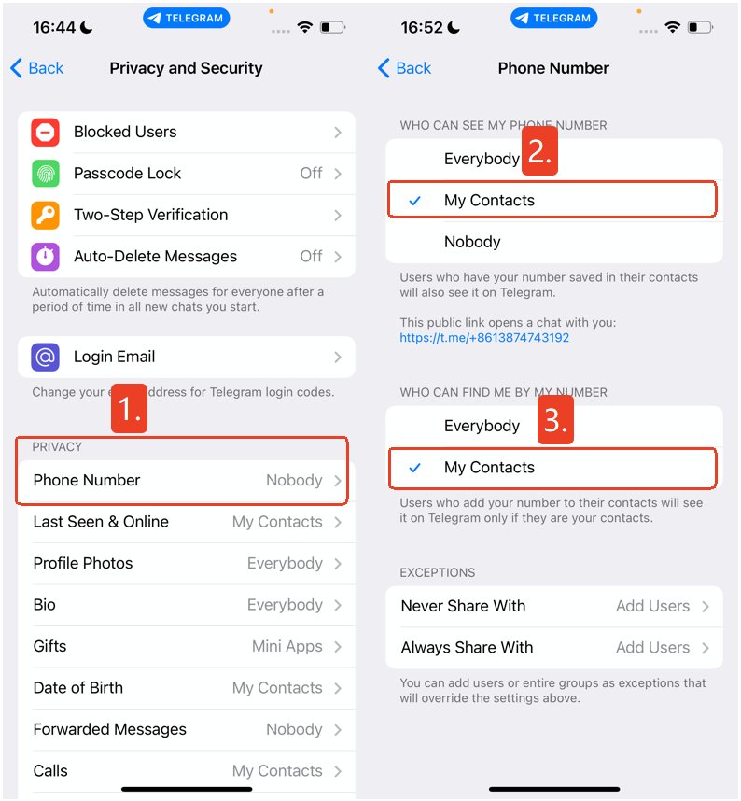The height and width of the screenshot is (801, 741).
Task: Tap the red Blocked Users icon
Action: tap(46, 133)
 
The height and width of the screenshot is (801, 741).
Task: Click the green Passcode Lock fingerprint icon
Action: tap(46, 174)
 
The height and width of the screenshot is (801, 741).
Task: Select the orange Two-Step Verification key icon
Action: tap(46, 215)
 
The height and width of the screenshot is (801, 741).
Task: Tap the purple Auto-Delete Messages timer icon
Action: tap(46, 257)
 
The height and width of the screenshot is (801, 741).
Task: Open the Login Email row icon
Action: tap(46, 357)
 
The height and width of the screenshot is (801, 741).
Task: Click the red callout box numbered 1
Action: tap(129, 408)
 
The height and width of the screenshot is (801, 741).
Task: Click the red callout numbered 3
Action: tap(556, 420)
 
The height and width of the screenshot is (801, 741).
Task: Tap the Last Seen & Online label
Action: tap(101, 522)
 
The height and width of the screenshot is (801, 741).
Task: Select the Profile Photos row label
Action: tap(83, 563)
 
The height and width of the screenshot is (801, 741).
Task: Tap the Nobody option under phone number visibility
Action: tap(472, 242)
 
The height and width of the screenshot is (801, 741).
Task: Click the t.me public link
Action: tap(484, 338)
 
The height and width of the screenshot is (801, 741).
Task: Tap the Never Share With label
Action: tap(463, 606)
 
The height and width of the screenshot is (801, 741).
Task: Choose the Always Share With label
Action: tap(467, 648)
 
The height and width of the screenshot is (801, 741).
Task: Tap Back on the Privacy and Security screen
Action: tap(37, 68)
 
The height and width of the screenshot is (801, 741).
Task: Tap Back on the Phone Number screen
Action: tap(405, 68)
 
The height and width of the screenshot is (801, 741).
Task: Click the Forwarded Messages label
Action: tap(109, 729)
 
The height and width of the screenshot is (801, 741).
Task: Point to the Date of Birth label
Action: tap(77, 688)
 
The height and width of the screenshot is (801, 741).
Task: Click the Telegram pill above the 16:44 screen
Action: tap(187, 18)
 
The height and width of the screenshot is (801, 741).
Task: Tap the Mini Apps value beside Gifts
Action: tap(287, 646)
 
